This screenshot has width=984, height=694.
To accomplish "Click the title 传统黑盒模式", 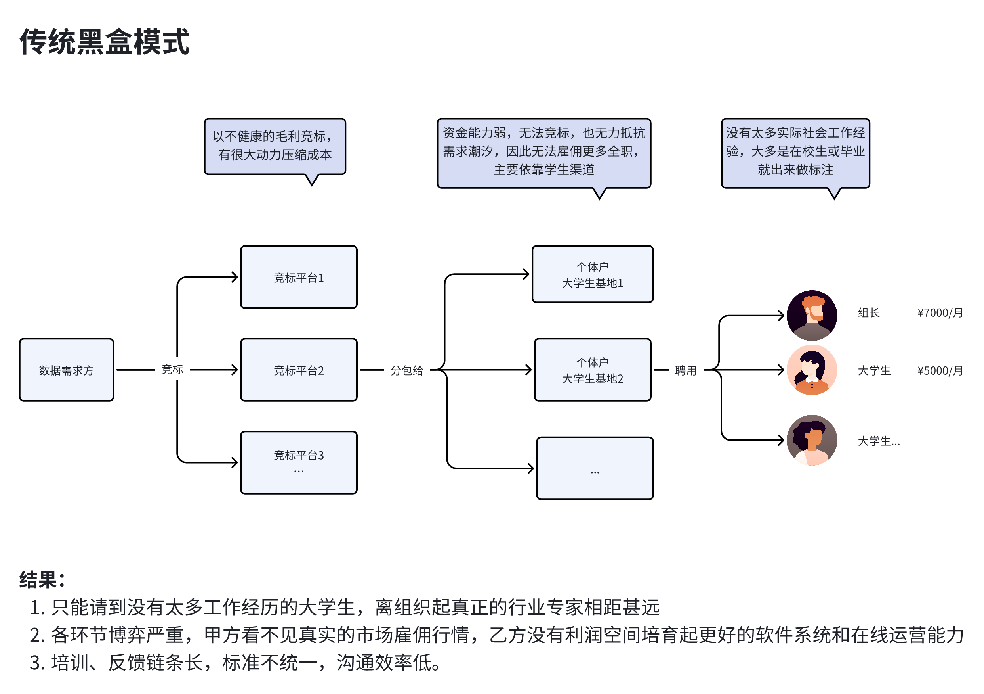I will (105, 42).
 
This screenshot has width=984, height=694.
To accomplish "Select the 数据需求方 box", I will (67, 370).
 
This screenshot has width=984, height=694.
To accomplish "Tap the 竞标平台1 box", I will (299, 277).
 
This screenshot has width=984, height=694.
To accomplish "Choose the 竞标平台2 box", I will (299, 370).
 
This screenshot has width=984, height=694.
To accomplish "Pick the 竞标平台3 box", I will (299, 462).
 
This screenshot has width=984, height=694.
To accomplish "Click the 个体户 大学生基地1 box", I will (592, 274).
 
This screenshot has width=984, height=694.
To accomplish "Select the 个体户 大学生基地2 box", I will (592, 370).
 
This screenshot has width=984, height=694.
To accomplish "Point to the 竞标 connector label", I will (172, 369).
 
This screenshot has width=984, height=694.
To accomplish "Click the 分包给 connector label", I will (407, 370).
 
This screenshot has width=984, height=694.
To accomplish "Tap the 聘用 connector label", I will (685, 370).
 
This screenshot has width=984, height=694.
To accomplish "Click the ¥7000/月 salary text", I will (940, 312).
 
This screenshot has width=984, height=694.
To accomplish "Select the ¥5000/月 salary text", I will (940, 370).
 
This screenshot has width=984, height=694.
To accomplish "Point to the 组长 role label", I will (869, 312).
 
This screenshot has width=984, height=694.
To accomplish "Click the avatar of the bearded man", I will (812, 315).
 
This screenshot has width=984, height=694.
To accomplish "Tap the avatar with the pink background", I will (812, 370).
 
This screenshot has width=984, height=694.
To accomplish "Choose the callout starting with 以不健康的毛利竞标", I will (275, 146).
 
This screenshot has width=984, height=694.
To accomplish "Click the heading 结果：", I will (42, 580).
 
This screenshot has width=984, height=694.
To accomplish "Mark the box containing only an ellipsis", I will (595, 468).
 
